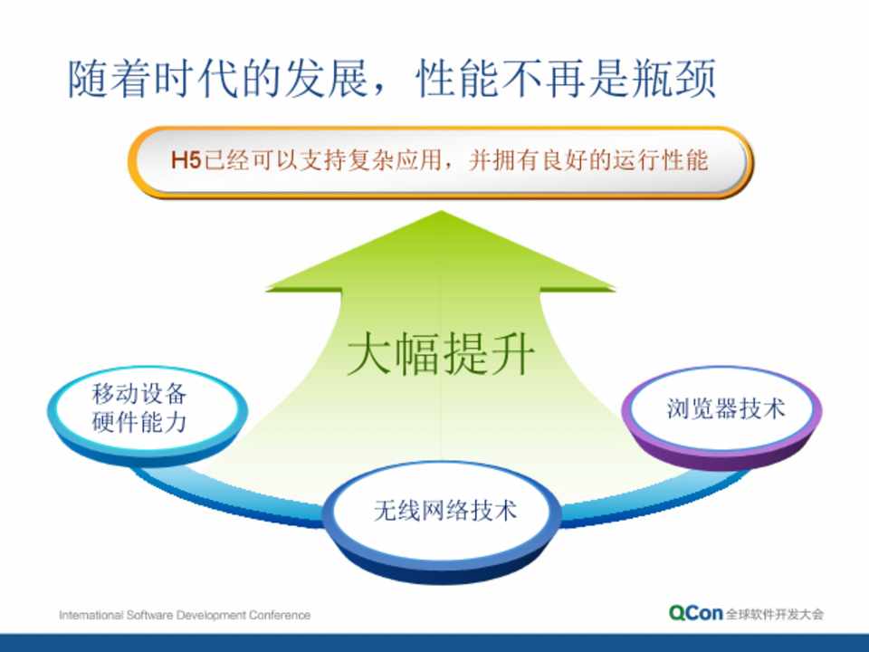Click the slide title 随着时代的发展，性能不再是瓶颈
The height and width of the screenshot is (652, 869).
click(392, 80)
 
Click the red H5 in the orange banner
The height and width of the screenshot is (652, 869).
click(186, 161)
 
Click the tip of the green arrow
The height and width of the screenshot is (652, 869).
click(441, 211)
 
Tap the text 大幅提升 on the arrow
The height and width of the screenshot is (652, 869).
click(441, 354)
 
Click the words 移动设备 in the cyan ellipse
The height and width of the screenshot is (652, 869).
click(139, 394)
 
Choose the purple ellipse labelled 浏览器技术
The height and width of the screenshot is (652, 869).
click(722, 417)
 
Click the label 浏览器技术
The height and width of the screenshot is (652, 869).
click(726, 408)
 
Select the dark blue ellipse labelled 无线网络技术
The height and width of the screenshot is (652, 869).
click(442, 522)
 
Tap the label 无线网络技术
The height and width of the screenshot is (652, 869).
click(445, 510)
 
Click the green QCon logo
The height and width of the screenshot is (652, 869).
click(695, 613)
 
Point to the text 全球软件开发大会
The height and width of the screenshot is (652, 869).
click(774, 614)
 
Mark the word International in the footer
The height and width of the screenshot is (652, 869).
click(91, 615)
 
